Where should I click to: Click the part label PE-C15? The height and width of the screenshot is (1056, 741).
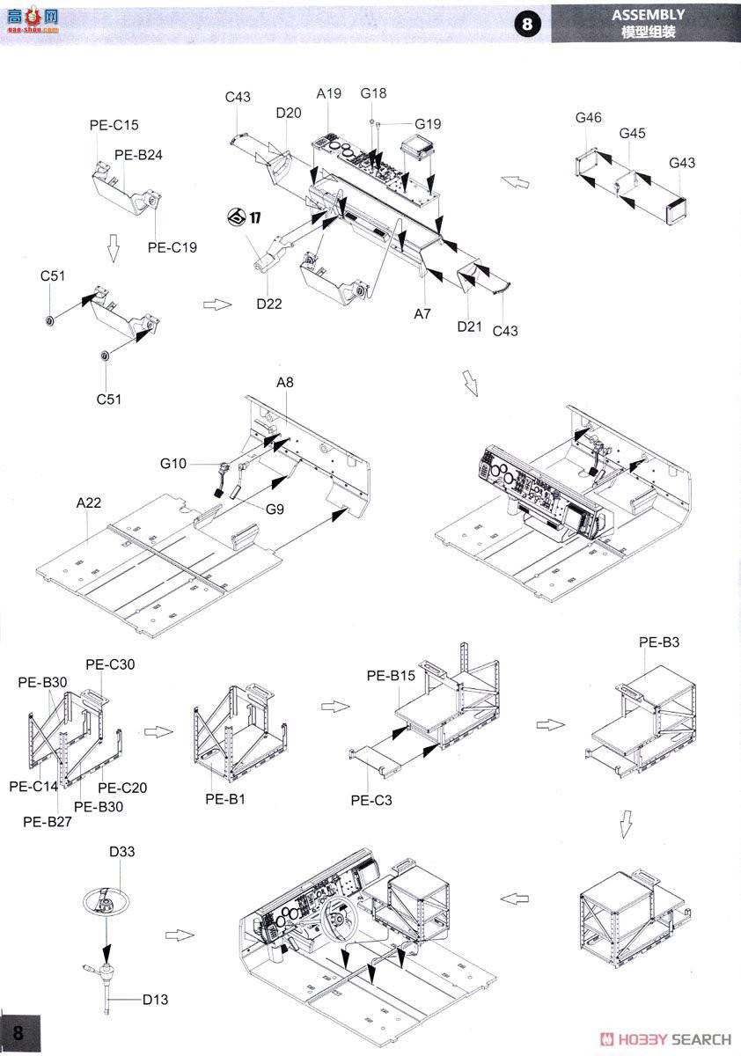[114, 126]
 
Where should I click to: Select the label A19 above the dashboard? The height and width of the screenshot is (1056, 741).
[328, 94]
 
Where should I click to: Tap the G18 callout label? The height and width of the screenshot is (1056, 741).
[373, 93]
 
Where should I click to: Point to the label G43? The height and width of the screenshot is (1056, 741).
[681, 163]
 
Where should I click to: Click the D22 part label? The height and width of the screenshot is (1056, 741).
[269, 304]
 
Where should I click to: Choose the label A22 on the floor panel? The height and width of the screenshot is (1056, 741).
[88, 502]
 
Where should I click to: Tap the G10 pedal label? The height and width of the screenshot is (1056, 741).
[173, 463]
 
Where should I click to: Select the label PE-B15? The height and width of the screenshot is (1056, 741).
[391, 676]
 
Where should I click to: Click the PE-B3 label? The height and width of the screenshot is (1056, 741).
[658, 642]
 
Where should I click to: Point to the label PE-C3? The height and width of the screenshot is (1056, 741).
[370, 800]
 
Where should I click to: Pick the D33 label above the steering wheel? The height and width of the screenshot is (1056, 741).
[122, 852]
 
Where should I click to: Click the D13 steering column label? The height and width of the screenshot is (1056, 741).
[157, 999]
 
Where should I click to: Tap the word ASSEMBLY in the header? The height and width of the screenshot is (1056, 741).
[648, 15]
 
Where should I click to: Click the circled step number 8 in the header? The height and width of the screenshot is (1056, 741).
[527, 24]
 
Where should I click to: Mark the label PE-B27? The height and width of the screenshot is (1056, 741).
[46, 822]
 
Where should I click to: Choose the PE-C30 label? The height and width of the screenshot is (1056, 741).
[110, 664]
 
